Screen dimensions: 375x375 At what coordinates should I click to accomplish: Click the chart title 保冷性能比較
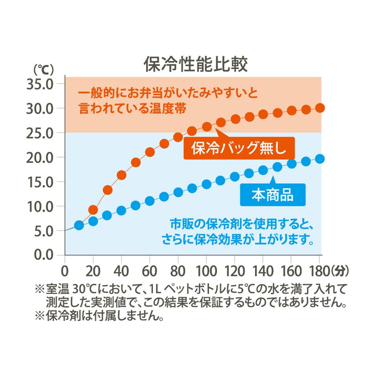pyautogui.click(x=196, y=64)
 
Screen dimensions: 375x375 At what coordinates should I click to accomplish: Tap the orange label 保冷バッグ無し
pyautogui.click(x=239, y=149)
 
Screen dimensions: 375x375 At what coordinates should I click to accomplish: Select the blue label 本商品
pyautogui.click(x=272, y=195)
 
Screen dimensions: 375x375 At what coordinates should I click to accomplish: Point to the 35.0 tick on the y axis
pyautogui.click(x=40, y=84)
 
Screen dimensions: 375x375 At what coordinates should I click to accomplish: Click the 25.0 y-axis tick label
pyautogui.click(x=40, y=133)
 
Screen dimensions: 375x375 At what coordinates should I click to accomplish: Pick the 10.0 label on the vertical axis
pyautogui.click(x=40, y=206)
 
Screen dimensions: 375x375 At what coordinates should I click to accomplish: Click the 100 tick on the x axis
pyautogui.click(x=206, y=271)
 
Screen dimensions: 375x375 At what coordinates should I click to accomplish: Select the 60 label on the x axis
pyautogui.click(x=150, y=271)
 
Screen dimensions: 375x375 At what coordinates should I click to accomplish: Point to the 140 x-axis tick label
pyautogui.click(x=263, y=271)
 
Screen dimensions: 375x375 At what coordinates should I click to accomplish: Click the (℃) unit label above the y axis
pyautogui.click(x=44, y=69)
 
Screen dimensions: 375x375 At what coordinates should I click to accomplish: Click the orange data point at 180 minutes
pyautogui.click(x=320, y=108)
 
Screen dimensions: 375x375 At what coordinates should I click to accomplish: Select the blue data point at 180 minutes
pyautogui.click(x=320, y=159)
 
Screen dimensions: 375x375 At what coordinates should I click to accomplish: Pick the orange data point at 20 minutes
pyautogui.click(x=93, y=210)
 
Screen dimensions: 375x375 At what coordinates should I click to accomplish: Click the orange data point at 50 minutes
pyautogui.click(x=136, y=163)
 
